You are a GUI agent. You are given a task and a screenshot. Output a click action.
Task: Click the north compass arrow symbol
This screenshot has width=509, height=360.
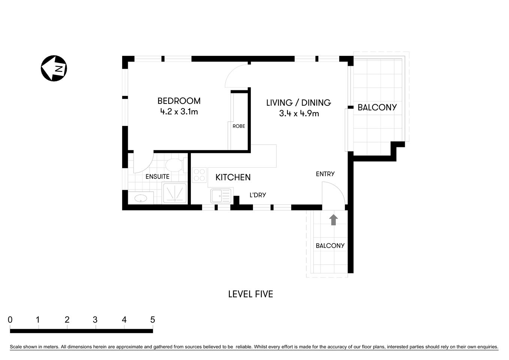coord(54,68)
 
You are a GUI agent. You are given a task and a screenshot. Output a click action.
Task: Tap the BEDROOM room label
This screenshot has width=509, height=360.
coord(179,101)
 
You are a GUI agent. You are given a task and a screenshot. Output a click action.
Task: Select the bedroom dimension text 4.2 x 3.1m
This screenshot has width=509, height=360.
coord(179,111)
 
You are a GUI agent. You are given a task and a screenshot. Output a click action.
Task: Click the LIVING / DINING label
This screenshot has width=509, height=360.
coord(298,103)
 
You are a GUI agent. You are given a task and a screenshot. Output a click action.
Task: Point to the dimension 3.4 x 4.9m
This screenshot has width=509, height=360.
coord(299,113)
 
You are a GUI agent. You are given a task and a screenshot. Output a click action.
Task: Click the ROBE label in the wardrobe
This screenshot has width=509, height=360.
coord(239,126)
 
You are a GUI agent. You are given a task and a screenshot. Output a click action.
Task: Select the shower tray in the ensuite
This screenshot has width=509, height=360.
coord(175,193)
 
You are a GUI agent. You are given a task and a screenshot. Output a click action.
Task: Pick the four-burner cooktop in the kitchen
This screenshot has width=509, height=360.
coord(199,175)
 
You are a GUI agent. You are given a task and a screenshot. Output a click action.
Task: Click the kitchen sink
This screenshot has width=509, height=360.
coord(221,196)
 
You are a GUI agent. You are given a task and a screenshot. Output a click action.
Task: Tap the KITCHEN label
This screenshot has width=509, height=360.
coord(233,177)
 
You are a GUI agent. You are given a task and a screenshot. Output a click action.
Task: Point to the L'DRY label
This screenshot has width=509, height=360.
coord(258,195)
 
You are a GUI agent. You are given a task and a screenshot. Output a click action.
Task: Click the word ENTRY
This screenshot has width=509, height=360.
coord(325,174)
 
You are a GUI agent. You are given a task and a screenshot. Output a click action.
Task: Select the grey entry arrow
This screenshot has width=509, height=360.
coord(333,220)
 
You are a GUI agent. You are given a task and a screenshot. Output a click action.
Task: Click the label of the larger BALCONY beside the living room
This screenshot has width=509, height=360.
coord(377,108)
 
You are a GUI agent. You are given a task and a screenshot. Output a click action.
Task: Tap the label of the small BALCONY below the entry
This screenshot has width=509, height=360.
coord(330,246)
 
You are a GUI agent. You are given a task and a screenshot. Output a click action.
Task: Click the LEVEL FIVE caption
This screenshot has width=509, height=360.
coord(250,294)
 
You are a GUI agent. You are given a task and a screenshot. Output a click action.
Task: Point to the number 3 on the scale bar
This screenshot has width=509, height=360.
coord(95,320)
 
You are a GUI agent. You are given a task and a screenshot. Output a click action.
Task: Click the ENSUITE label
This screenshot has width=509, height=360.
coord(157,177)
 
